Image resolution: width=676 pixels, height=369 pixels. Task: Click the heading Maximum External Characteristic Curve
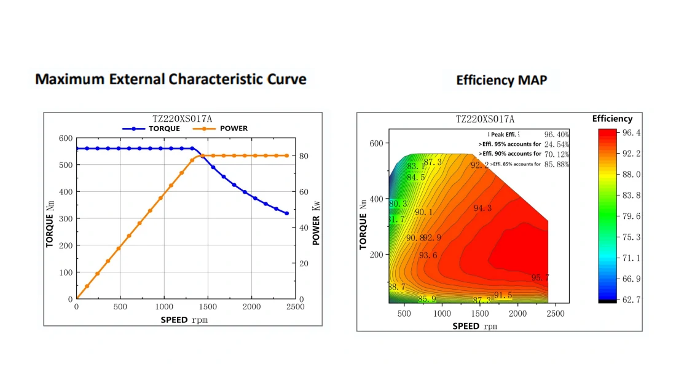tap(171, 79)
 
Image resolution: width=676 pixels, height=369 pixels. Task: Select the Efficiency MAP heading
tap(501, 81)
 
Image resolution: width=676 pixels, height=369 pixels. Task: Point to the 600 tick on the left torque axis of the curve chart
tap(65, 138)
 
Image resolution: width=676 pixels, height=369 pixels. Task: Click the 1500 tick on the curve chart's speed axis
tap(208, 307)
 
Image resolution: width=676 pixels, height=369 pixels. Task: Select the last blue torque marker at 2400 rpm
tap(286, 213)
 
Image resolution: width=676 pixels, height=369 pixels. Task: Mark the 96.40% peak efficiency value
tap(557, 134)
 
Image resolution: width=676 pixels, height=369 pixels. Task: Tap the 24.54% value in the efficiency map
tap(557, 144)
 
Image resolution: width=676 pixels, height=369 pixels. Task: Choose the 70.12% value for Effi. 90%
tap(557, 154)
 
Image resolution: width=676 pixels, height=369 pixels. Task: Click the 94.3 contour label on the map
tap(482, 208)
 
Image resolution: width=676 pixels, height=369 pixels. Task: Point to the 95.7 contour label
tap(540, 278)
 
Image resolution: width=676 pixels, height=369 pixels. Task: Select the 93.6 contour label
tap(428, 256)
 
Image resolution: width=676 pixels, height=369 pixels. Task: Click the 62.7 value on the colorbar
tap(632, 300)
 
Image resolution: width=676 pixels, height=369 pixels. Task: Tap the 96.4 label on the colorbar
tap(632, 133)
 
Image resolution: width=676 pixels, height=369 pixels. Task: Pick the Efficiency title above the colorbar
tap(612, 119)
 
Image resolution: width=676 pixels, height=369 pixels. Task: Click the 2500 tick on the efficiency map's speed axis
tap(556, 313)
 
